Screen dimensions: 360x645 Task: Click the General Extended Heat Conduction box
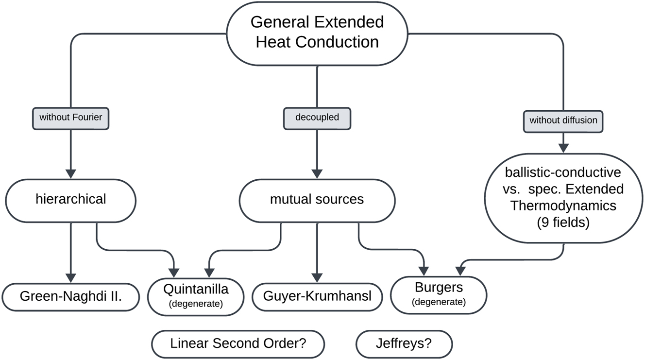(x=317, y=33)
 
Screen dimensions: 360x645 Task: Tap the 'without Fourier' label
(x=71, y=117)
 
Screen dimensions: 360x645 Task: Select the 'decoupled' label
(x=317, y=117)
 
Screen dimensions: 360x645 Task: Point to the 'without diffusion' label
(x=563, y=120)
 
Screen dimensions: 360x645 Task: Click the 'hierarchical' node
(x=71, y=199)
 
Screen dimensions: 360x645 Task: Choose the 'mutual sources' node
(x=317, y=199)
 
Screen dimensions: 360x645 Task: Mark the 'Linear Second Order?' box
(x=238, y=343)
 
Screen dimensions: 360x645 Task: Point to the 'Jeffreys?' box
(x=404, y=343)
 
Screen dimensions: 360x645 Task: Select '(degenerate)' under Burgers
(x=439, y=302)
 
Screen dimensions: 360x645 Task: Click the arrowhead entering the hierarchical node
(x=71, y=173)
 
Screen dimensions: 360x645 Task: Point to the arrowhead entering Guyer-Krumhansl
(x=317, y=278)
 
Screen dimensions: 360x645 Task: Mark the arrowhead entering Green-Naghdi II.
(x=71, y=278)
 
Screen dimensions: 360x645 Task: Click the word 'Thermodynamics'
(x=563, y=205)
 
